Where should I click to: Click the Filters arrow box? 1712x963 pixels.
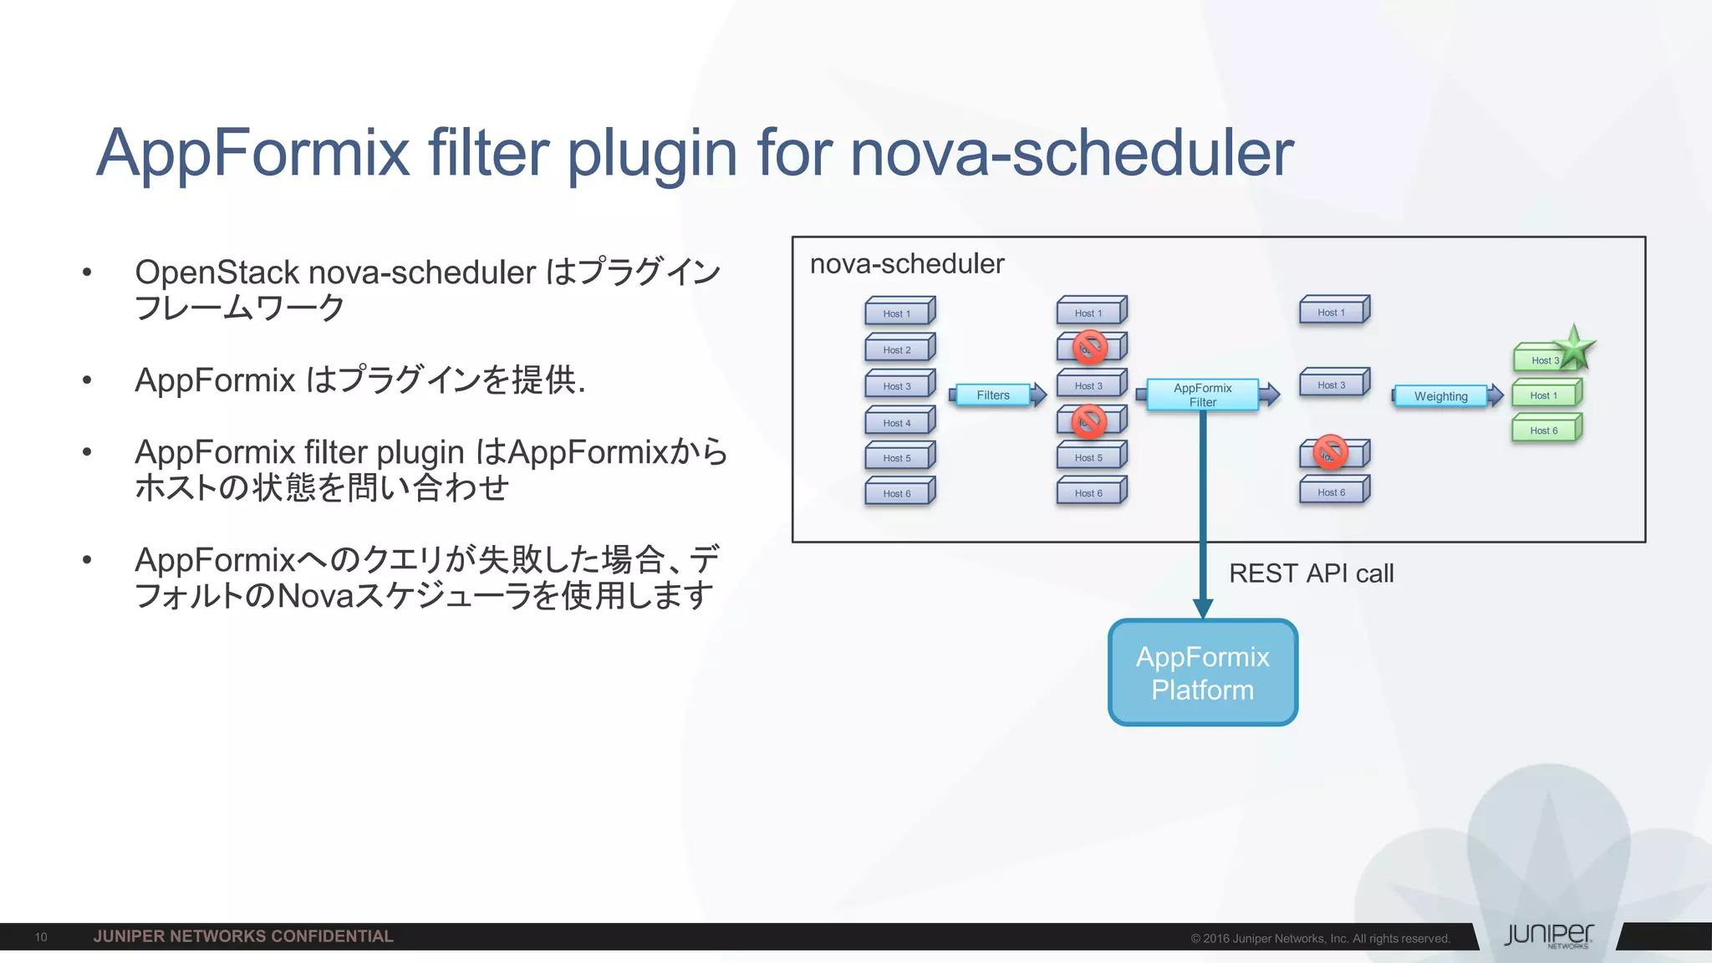tap(993, 395)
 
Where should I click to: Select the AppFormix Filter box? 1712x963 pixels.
tap(1202, 395)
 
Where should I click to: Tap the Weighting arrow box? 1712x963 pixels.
tap(1440, 396)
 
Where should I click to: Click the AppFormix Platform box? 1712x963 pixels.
tap(1202, 673)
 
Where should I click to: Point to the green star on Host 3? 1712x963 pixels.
tap(1575, 348)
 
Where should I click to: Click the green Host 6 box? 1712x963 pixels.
tap(1545, 431)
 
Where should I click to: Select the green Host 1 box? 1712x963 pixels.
tap(1545, 395)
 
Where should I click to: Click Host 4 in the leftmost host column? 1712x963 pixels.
tap(898, 423)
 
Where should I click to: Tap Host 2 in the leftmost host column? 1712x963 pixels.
tap(898, 350)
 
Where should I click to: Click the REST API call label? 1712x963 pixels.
tap(1311, 573)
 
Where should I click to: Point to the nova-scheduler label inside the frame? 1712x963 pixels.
tap(907, 264)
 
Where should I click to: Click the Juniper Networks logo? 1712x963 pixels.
tap(1548, 935)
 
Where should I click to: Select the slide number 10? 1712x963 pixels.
tap(41, 937)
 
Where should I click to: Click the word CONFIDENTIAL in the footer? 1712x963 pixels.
tap(332, 936)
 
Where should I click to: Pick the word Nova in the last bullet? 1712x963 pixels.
tap(314, 596)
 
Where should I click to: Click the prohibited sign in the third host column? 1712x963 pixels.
tap(1330, 452)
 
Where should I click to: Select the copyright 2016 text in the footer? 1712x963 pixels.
tap(1320, 939)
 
